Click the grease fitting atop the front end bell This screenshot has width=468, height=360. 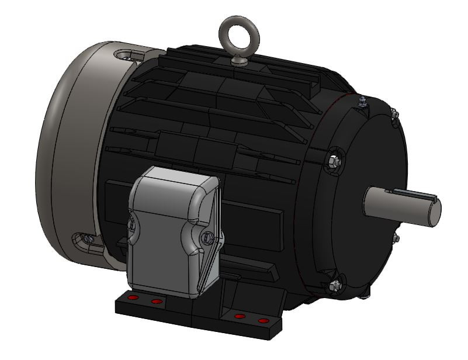pos(362,103)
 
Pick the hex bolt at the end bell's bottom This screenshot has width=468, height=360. pos(335,285)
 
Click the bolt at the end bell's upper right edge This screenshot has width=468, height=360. pos(394,113)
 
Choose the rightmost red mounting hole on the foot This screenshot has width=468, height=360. pos(262,321)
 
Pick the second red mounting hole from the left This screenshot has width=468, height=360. pos(156,302)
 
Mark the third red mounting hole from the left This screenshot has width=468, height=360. pos(239,316)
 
